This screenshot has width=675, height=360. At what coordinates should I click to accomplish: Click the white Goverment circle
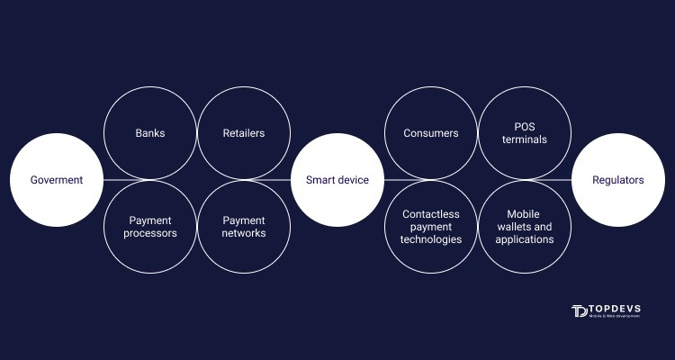click(x=57, y=180)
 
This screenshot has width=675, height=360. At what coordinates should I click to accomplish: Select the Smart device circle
click(x=337, y=180)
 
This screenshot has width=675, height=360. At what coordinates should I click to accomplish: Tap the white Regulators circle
click(x=618, y=180)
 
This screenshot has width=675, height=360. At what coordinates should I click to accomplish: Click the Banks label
click(x=150, y=133)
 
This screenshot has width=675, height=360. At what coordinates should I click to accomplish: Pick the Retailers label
click(x=244, y=133)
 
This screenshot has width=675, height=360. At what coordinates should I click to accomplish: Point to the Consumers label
click(x=431, y=133)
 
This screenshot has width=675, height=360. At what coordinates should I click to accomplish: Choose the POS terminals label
click(x=525, y=133)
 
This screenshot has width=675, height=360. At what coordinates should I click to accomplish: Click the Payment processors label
click(x=150, y=227)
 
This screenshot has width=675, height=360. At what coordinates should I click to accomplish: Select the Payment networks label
click(x=244, y=227)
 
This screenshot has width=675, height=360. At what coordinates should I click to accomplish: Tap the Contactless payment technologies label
click(x=431, y=227)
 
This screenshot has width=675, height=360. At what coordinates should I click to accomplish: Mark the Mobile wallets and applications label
click(x=525, y=227)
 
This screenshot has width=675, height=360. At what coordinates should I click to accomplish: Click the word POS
click(x=525, y=127)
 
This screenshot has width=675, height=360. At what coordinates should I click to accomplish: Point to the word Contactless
click(x=431, y=214)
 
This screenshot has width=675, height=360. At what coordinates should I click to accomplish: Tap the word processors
click(x=150, y=233)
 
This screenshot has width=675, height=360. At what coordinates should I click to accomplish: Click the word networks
click(x=244, y=233)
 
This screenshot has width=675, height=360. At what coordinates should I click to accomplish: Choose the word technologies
click(x=431, y=239)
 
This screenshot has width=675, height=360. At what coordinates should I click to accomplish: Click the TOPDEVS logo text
click(x=615, y=309)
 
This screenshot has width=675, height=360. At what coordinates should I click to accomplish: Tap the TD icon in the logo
click(x=579, y=310)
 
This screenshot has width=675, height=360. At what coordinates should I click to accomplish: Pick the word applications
click(x=525, y=239)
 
